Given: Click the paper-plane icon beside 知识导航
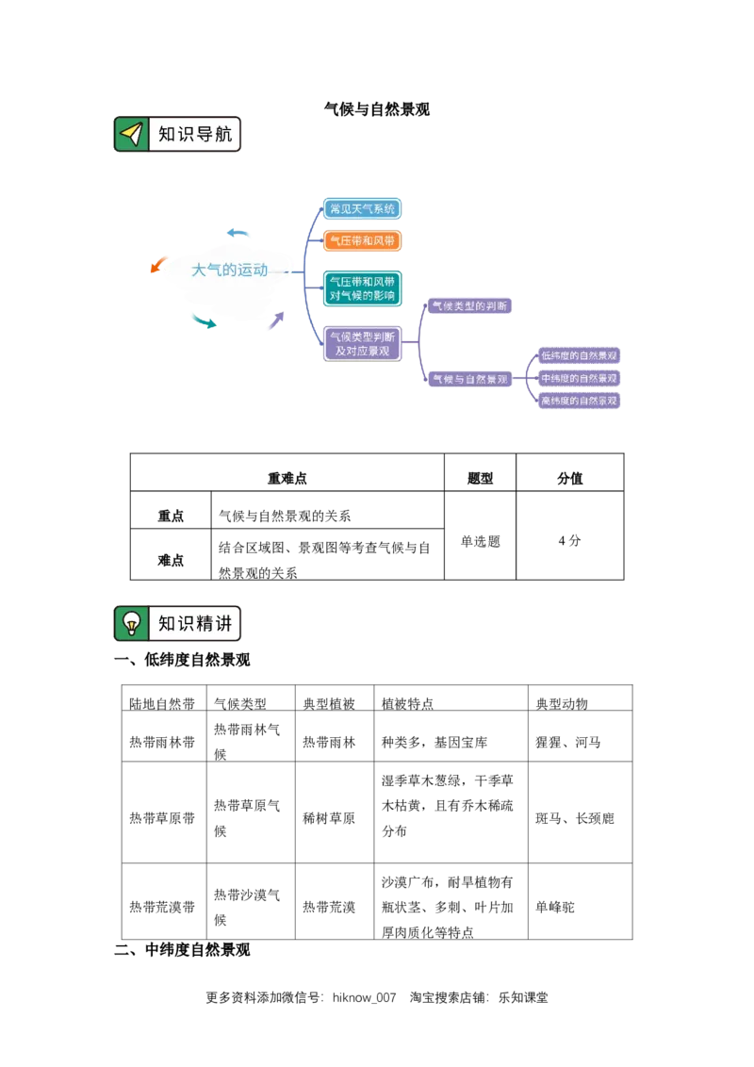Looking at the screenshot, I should (132, 135).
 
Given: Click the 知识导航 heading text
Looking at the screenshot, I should (194, 135).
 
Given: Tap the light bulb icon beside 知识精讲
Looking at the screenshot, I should (132, 624).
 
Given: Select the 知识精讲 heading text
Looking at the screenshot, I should (194, 624).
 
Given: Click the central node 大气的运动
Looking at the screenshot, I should (230, 271).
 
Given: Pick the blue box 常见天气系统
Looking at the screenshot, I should (363, 209).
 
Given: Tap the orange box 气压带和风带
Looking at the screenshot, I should (363, 241).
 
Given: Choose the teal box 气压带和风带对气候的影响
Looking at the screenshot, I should (363, 288).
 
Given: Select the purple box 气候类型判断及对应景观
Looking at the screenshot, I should (363, 343).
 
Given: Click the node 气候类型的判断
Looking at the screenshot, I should (470, 306).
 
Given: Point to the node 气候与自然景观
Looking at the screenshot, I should (470, 379).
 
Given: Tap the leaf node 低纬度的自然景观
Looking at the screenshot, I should (579, 356).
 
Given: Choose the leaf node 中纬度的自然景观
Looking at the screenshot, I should (579, 378).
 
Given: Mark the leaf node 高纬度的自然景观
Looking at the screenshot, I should (579, 401).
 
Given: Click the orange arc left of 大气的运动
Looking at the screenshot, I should (157, 265).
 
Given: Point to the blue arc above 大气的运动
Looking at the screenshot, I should (241, 232).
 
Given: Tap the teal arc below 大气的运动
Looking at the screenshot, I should (202, 320).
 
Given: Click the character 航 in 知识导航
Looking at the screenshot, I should (222, 135).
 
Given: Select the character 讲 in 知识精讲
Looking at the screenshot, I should (222, 624).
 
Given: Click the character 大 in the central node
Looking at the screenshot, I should (199, 271).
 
